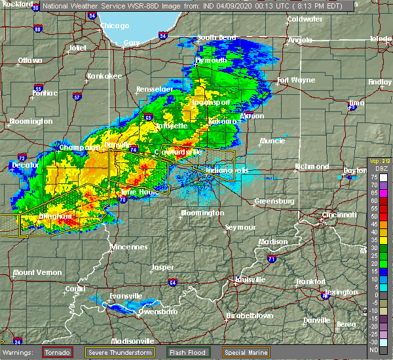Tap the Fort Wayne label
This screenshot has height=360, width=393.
click(292, 81)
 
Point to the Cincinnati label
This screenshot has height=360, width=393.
click(340, 215)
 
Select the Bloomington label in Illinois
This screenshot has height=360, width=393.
click(30, 121)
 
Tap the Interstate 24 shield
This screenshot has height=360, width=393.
click(18, 342)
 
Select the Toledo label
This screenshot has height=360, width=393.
click(380, 39)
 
